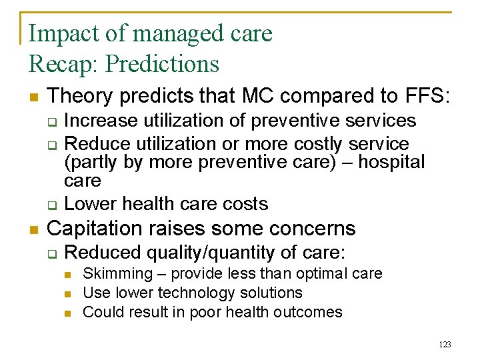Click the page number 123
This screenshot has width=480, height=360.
point(445,345)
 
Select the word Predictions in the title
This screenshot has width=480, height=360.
point(162,64)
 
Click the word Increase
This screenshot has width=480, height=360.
point(99,121)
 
